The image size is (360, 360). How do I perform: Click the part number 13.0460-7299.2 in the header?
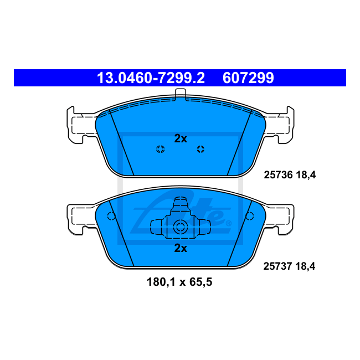pyautogui.click(x=151, y=78)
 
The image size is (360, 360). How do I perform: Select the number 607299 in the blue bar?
pyautogui.click(x=248, y=78)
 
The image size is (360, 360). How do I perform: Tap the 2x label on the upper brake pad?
pyautogui.click(x=181, y=138)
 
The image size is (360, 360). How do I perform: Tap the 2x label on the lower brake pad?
pyautogui.click(x=181, y=248)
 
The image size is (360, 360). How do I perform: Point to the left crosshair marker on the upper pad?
pyautogui.click(x=160, y=148)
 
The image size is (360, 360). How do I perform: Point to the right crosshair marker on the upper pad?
pyautogui.click(x=200, y=148)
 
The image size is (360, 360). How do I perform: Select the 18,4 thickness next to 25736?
pyautogui.click(x=305, y=175)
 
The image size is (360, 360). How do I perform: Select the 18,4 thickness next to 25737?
pyautogui.click(x=305, y=266)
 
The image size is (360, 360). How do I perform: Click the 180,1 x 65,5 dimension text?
pyautogui.click(x=180, y=282)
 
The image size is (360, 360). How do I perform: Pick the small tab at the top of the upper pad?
pyautogui.click(x=180, y=95)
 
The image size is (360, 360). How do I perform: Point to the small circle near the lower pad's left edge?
pyautogui.click(x=111, y=217)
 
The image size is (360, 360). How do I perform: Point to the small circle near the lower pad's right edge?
pyautogui.click(x=250, y=217)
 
